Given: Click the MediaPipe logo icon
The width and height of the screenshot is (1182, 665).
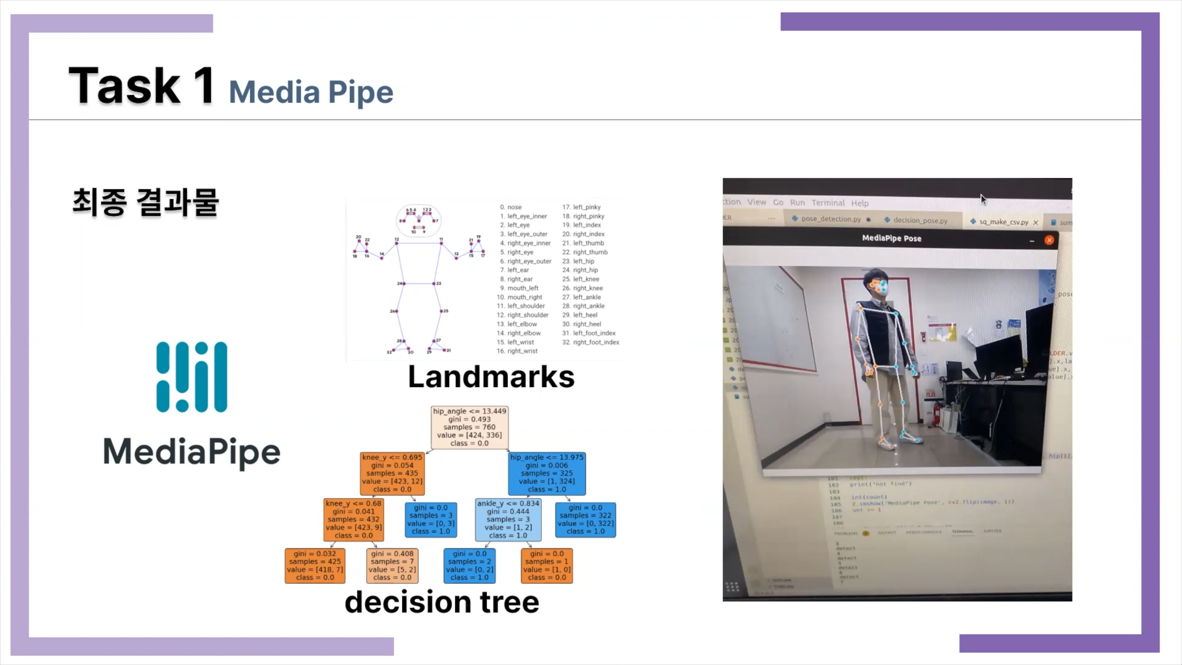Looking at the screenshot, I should pyautogui.click(x=191, y=377).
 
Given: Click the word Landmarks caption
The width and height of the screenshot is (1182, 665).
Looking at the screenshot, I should pyautogui.click(x=491, y=377).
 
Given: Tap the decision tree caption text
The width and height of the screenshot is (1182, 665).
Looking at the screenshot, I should pyautogui.click(x=442, y=602).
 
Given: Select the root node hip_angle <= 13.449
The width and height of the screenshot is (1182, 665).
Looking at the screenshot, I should pyautogui.click(x=469, y=427).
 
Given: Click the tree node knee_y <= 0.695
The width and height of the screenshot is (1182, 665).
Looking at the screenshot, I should pyautogui.click(x=392, y=473).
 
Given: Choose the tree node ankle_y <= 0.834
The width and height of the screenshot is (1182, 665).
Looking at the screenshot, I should pyautogui.click(x=508, y=519).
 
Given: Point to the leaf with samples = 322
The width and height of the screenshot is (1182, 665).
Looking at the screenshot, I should pyautogui.click(x=585, y=519).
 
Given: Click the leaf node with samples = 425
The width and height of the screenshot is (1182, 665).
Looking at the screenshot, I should pyautogui.click(x=315, y=566).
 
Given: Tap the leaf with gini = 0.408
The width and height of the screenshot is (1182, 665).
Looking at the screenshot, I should pyautogui.click(x=392, y=566).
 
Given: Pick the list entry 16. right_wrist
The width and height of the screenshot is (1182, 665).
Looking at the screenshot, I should pyautogui.click(x=517, y=351).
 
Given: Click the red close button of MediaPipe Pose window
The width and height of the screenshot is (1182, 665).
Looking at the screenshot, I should pyautogui.click(x=1049, y=240).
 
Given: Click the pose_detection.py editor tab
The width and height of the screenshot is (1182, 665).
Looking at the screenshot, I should pyautogui.click(x=830, y=219).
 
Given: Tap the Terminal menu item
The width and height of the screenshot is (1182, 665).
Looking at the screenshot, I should pyautogui.click(x=828, y=202).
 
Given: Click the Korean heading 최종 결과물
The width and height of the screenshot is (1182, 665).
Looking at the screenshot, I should pyautogui.click(x=146, y=202).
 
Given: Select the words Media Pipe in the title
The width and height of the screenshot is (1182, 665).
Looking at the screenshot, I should pyautogui.click(x=311, y=92).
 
